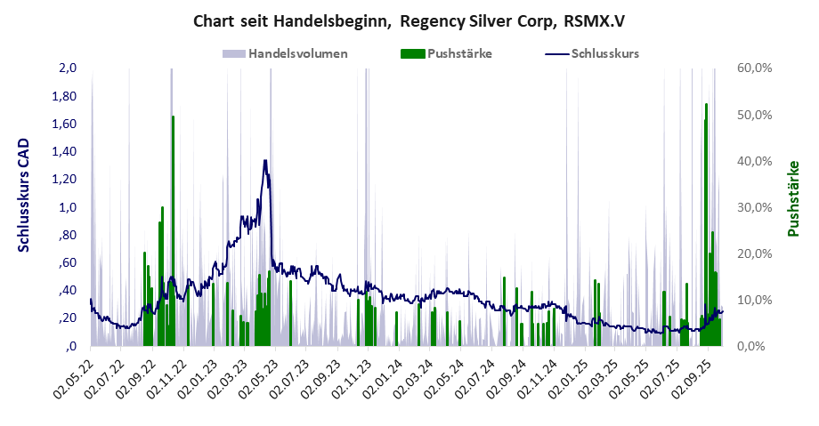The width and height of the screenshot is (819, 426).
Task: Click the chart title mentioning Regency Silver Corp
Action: [409, 20]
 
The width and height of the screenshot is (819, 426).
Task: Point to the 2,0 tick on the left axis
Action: [68, 68]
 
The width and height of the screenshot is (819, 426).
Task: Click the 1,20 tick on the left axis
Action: [65, 180]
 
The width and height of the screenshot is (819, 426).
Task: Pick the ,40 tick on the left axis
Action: [68, 291]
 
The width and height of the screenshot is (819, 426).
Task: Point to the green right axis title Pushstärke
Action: [793, 198]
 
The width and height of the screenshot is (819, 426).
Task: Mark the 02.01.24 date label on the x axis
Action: [384, 379]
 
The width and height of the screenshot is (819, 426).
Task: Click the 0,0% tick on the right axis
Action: [752, 346]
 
